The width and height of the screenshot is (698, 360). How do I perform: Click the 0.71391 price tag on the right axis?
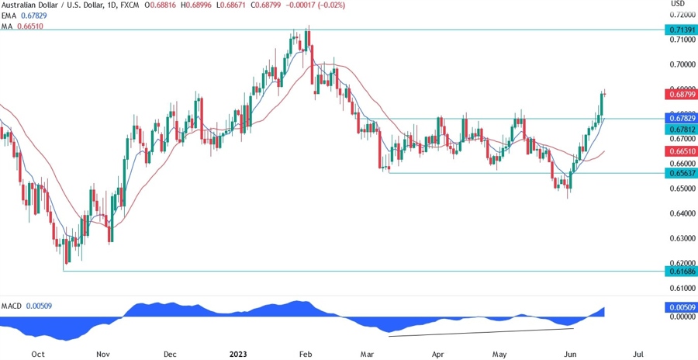680,29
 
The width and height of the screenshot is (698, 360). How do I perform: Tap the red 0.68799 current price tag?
680,94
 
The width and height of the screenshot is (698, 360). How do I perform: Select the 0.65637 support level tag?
680,173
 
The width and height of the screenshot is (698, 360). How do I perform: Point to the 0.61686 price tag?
680,271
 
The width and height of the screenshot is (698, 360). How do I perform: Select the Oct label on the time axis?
36,353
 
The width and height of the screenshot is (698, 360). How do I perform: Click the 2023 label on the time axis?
239,353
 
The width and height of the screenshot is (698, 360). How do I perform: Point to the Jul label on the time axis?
638,353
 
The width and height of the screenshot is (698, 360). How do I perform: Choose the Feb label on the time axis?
306,353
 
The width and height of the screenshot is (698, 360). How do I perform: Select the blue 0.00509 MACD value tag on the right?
680,308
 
